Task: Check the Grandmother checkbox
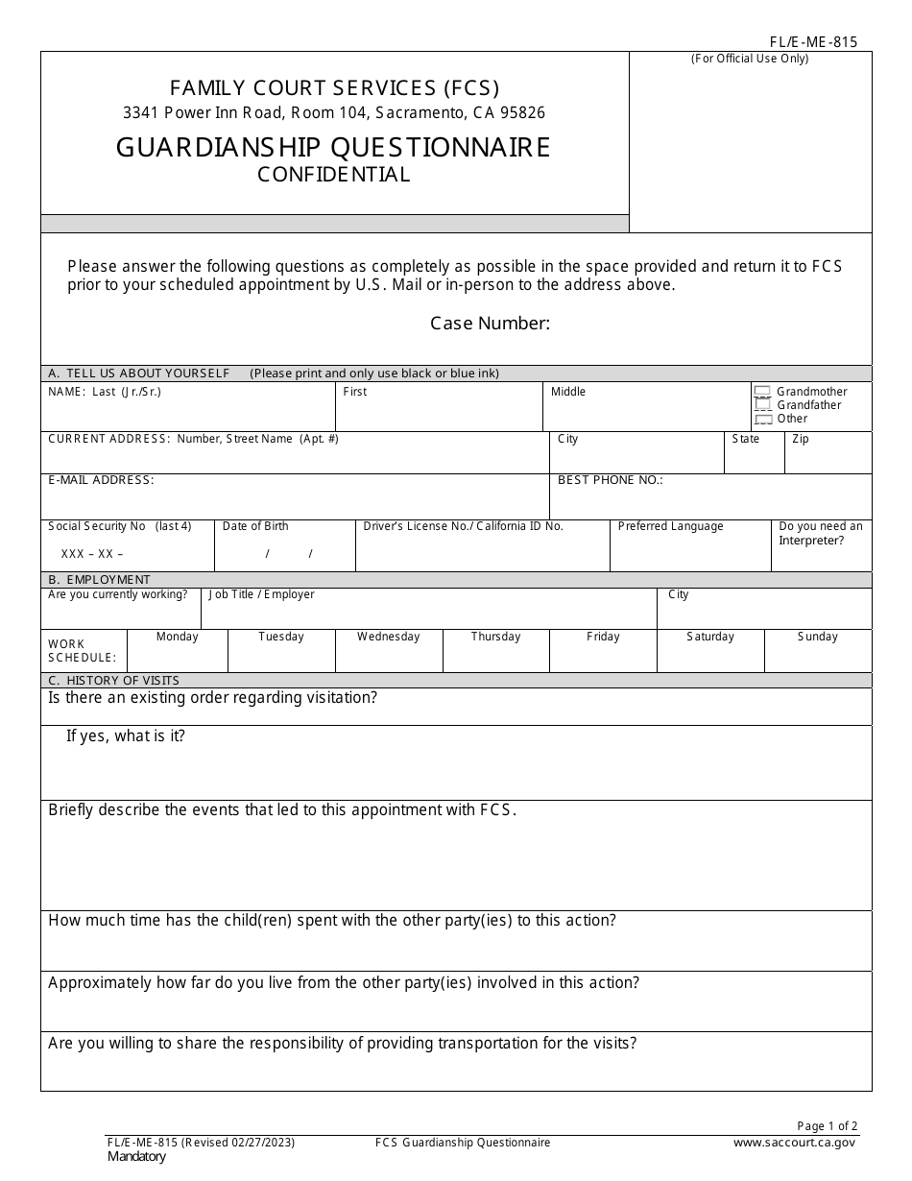pos(762,392)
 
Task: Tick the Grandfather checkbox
pos(762,405)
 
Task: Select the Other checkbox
pos(762,419)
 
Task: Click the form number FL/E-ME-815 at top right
pos(813,41)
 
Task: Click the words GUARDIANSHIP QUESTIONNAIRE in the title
pos(333,147)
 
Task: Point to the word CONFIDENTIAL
pos(333,175)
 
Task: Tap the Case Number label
pos(490,324)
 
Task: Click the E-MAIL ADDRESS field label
pos(101,480)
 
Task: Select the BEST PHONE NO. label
pos(610,480)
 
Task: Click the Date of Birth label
pos(255,526)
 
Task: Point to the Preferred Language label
pos(670,526)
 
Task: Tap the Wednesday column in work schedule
pos(388,637)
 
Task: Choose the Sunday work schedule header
pos(817,637)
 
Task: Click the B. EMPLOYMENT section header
pos(99,580)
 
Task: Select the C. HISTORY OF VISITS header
pos(113,681)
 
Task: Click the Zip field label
pos(801,439)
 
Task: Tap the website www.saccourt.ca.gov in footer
pos(794,1143)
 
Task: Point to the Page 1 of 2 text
pos(828,1126)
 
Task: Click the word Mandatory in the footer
pos(136,1157)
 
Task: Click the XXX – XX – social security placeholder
pos(92,554)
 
